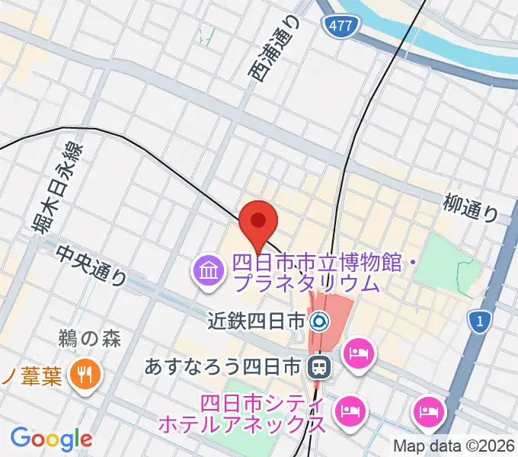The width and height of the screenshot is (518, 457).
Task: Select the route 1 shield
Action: [478, 322]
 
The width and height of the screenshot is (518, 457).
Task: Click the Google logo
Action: [51, 439]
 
